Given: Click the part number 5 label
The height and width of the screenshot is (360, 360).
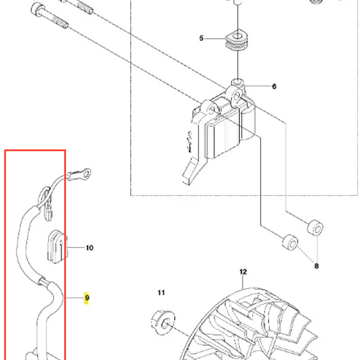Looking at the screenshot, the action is click(202, 38).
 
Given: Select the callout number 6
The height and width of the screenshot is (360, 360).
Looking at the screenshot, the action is click(274, 86).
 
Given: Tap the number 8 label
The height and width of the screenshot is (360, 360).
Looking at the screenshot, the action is click(316, 266).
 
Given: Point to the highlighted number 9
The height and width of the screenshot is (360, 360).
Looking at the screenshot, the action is click(87, 298).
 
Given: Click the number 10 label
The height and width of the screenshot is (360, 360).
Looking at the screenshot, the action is click(89, 248).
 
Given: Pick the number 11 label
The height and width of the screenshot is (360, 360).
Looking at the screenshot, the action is click(161, 293).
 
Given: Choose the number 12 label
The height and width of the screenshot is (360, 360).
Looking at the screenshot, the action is click(243, 272).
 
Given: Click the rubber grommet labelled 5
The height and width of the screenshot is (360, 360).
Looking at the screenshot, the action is click(236, 41).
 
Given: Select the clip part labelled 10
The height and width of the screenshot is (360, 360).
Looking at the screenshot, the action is click(58, 247).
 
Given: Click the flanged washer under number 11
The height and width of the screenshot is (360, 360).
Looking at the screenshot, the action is click(163, 322).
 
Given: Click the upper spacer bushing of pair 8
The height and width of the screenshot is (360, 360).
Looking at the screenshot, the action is click(315, 227).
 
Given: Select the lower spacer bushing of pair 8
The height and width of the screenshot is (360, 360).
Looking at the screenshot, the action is click(290, 242).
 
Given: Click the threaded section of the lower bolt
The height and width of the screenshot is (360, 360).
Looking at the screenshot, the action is click(60, 22).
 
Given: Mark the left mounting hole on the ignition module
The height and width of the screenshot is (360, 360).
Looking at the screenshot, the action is click(211, 110).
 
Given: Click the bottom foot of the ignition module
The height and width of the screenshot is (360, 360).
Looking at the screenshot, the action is click(191, 172).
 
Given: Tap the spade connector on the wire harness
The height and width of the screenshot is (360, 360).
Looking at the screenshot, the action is click(49, 212).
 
